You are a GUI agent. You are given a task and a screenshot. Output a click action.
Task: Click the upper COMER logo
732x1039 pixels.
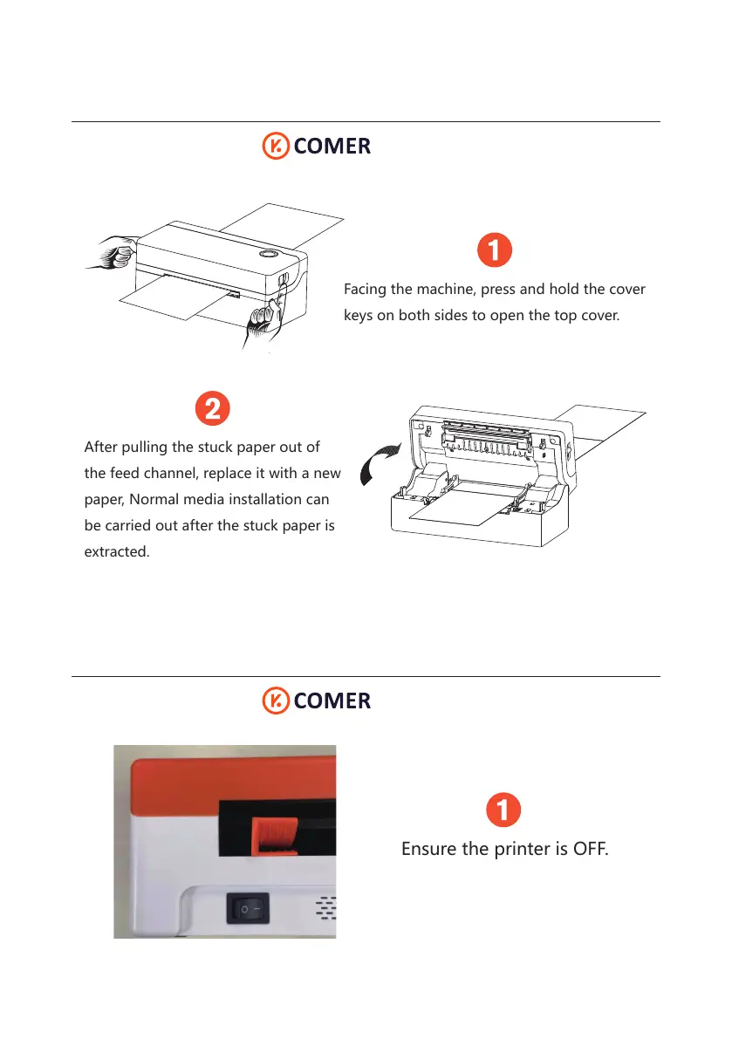click(x=317, y=146)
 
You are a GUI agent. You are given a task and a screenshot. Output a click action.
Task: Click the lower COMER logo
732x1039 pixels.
click(x=317, y=701)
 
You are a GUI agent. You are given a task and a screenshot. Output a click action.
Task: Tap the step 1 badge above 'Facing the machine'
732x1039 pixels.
click(x=494, y=250)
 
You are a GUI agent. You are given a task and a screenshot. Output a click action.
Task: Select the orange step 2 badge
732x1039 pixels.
click(x=212, y=408)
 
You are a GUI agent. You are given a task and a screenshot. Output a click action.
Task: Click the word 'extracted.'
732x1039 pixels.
click(x=116, y=552)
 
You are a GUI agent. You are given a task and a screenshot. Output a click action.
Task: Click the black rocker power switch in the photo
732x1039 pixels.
click(x=249, y=909)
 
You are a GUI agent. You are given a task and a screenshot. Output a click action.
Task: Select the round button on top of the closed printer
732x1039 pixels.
click(x=267, y=256)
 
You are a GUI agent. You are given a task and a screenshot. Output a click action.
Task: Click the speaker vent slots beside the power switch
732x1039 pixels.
click(x=325, y=908)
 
